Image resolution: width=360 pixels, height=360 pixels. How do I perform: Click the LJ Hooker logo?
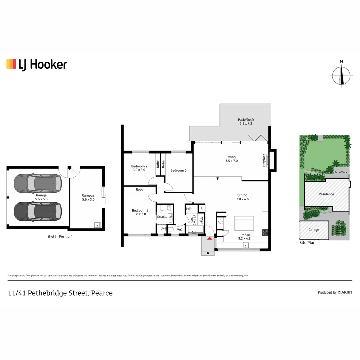click(37, 64)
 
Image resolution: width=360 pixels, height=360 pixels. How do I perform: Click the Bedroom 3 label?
click(178, 170)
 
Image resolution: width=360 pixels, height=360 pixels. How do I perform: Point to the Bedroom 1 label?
click(140, 212)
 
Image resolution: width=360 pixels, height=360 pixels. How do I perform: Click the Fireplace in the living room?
click(271, 160)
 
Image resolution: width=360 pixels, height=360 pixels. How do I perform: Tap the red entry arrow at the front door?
click(209, 238)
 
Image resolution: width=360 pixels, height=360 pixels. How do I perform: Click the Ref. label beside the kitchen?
click(220, 223)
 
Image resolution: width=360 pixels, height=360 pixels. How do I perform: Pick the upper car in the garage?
click(37, 183)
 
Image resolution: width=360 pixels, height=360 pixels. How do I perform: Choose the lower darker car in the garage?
click(37, 211)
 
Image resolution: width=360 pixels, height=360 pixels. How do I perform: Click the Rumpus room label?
click(88, 197)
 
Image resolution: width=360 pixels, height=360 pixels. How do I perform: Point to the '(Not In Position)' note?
click(60, 236)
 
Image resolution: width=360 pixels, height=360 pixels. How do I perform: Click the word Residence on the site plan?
click(326, 194)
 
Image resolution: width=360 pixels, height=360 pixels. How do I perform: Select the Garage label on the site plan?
click(313, 230)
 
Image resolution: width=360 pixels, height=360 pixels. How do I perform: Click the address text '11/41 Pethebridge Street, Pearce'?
click(60, 293)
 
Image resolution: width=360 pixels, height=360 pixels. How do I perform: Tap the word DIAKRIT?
click(345, 292)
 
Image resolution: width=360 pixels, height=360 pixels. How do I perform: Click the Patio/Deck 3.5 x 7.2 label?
click(246, 122)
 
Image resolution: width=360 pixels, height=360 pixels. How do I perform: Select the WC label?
click(179, 230)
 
